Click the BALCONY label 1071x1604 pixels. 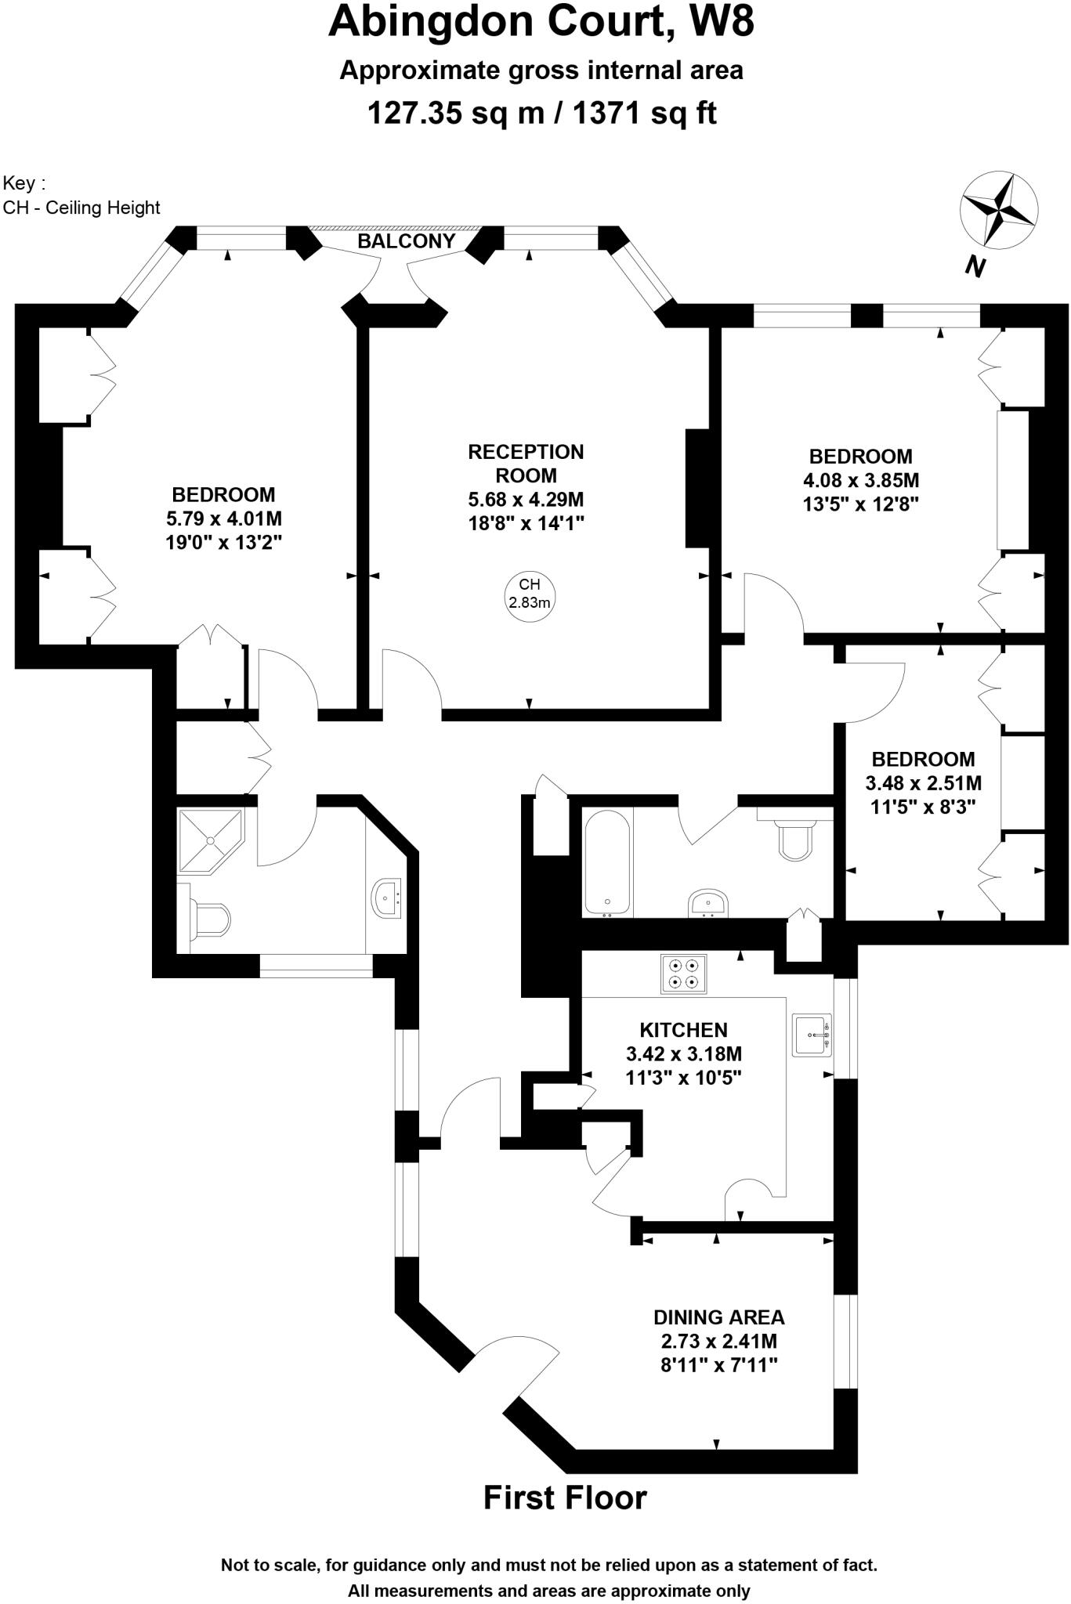tap(406, 241)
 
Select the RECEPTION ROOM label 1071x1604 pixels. tap(526, 464)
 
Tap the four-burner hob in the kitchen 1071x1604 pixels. tap(683, 974)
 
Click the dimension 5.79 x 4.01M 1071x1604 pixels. tap(223, 518)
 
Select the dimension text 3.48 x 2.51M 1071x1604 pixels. tap(923, 782)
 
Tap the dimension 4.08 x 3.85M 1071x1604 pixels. tap(860, 480)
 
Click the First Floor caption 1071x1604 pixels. tap(565, 1497)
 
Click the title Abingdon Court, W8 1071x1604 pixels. tap(541, 22)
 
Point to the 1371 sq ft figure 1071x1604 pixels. tap(644, 114)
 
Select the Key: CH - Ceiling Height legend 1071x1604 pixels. tap(81, 196)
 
